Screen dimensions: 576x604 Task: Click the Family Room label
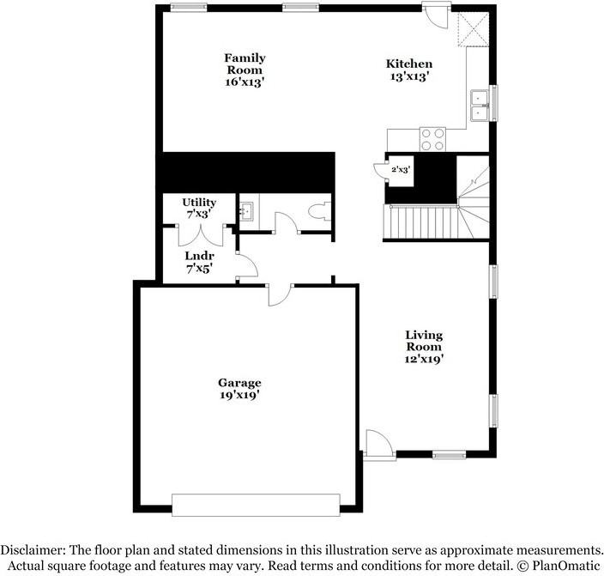click(245, 64)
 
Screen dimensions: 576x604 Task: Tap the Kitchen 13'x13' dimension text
click(408, 76)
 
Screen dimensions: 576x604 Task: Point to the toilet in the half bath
click(319, 212)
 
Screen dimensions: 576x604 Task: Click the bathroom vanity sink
click(246, 209)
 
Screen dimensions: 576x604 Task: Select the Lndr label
click(199, 256)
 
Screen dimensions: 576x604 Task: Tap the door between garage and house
click(280, 294)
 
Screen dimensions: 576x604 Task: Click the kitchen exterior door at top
click(436, 14)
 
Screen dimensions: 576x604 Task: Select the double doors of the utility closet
click(200, 234)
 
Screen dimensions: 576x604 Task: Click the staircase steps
click(420, 223)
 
